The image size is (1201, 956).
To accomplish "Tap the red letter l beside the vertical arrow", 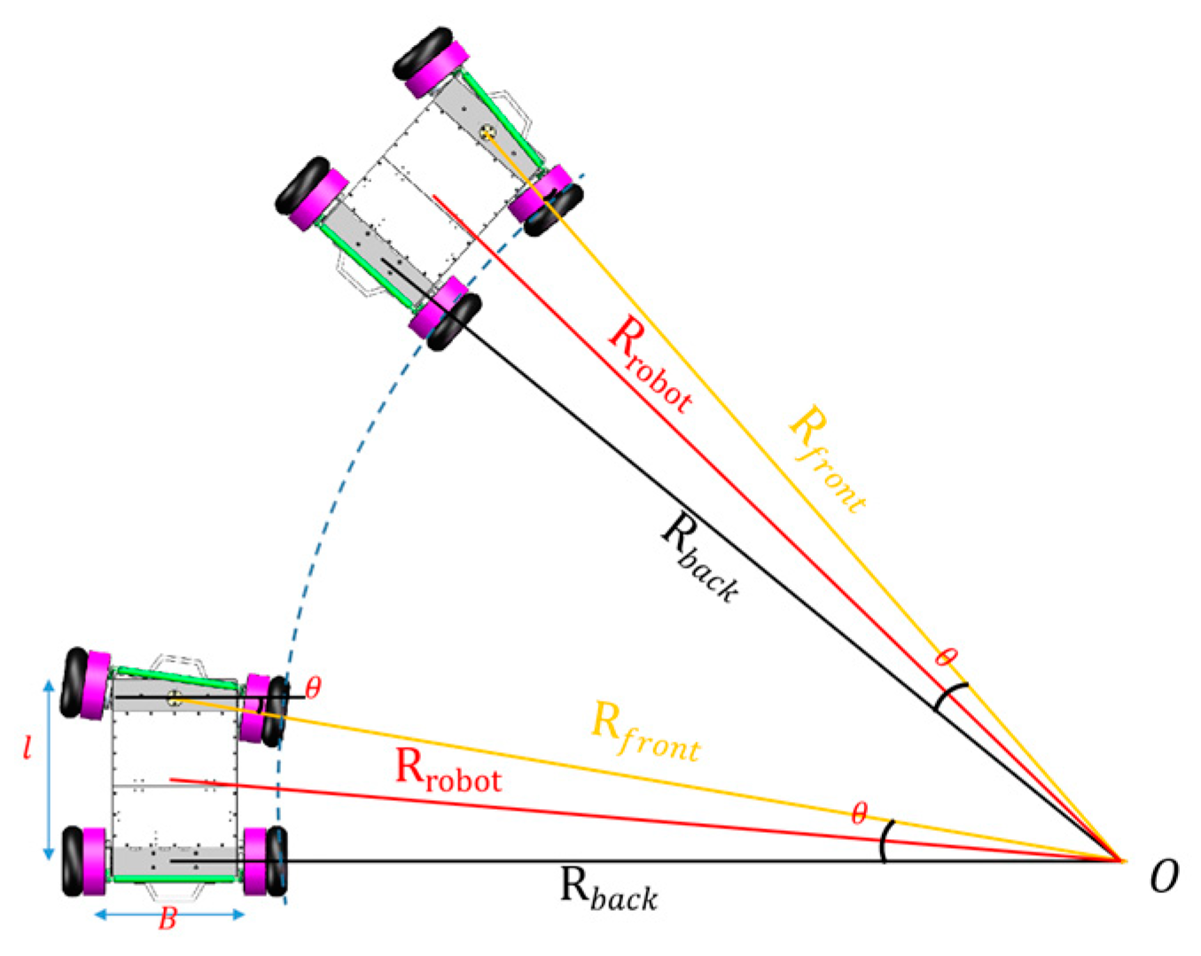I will click(27, 749).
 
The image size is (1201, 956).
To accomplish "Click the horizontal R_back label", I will click(609, 889).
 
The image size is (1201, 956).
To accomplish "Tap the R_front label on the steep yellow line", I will click(827, 457).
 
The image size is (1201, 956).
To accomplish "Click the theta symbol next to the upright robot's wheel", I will click(312, 688).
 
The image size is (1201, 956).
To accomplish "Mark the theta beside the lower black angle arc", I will click(858, 813).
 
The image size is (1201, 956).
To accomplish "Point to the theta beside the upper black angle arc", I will click(947, 657).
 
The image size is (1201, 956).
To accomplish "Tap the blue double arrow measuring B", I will click(169, 914).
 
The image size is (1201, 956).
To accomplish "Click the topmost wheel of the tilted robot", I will click(425, 53).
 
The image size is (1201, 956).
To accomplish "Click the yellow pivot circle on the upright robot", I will click(174, 697).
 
